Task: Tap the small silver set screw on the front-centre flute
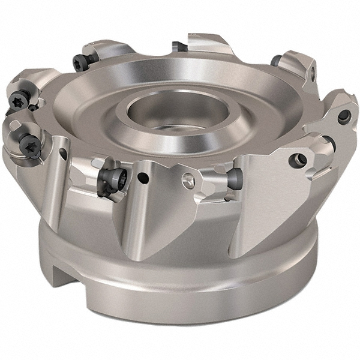[x=190, y=178]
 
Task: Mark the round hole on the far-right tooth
[x=343, y=118]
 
